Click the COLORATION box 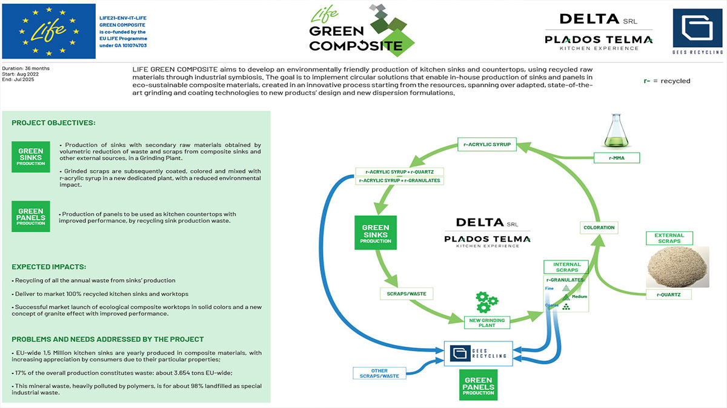pyautogui.click(x=599, y=228)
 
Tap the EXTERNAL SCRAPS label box pyautogui.click(x=669, y=238)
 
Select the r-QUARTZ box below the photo pyautogui.click(x=669, y=295)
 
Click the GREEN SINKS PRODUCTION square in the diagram pyautogui.click(x=376, y=232)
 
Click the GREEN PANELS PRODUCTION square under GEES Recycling pyautogui.click(x=479, y=386)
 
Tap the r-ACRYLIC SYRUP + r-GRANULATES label pyautogui.click(x=400, y=180)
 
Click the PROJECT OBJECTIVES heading pyautogui.click(x=53, y=123)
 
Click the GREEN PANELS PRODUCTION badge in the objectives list pyautogui.click(x=31, y=216)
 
